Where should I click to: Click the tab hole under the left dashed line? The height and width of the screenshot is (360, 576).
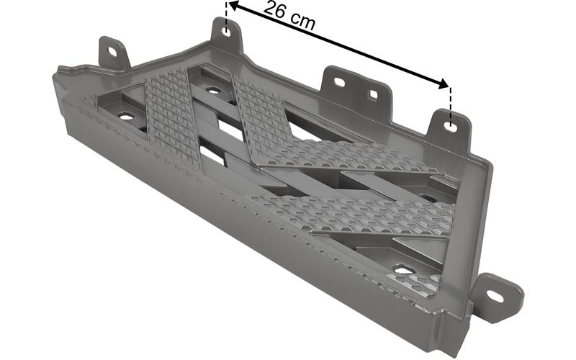[x=227, y=32]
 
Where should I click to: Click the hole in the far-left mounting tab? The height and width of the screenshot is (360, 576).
[x=112, y=51]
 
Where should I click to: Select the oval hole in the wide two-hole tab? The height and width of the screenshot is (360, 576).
[x=339, y=82]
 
